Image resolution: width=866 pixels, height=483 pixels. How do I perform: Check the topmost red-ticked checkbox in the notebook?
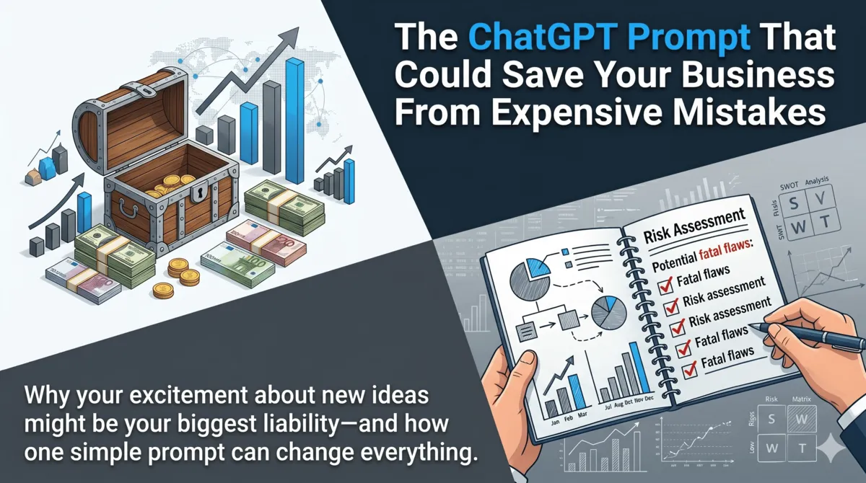665,287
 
